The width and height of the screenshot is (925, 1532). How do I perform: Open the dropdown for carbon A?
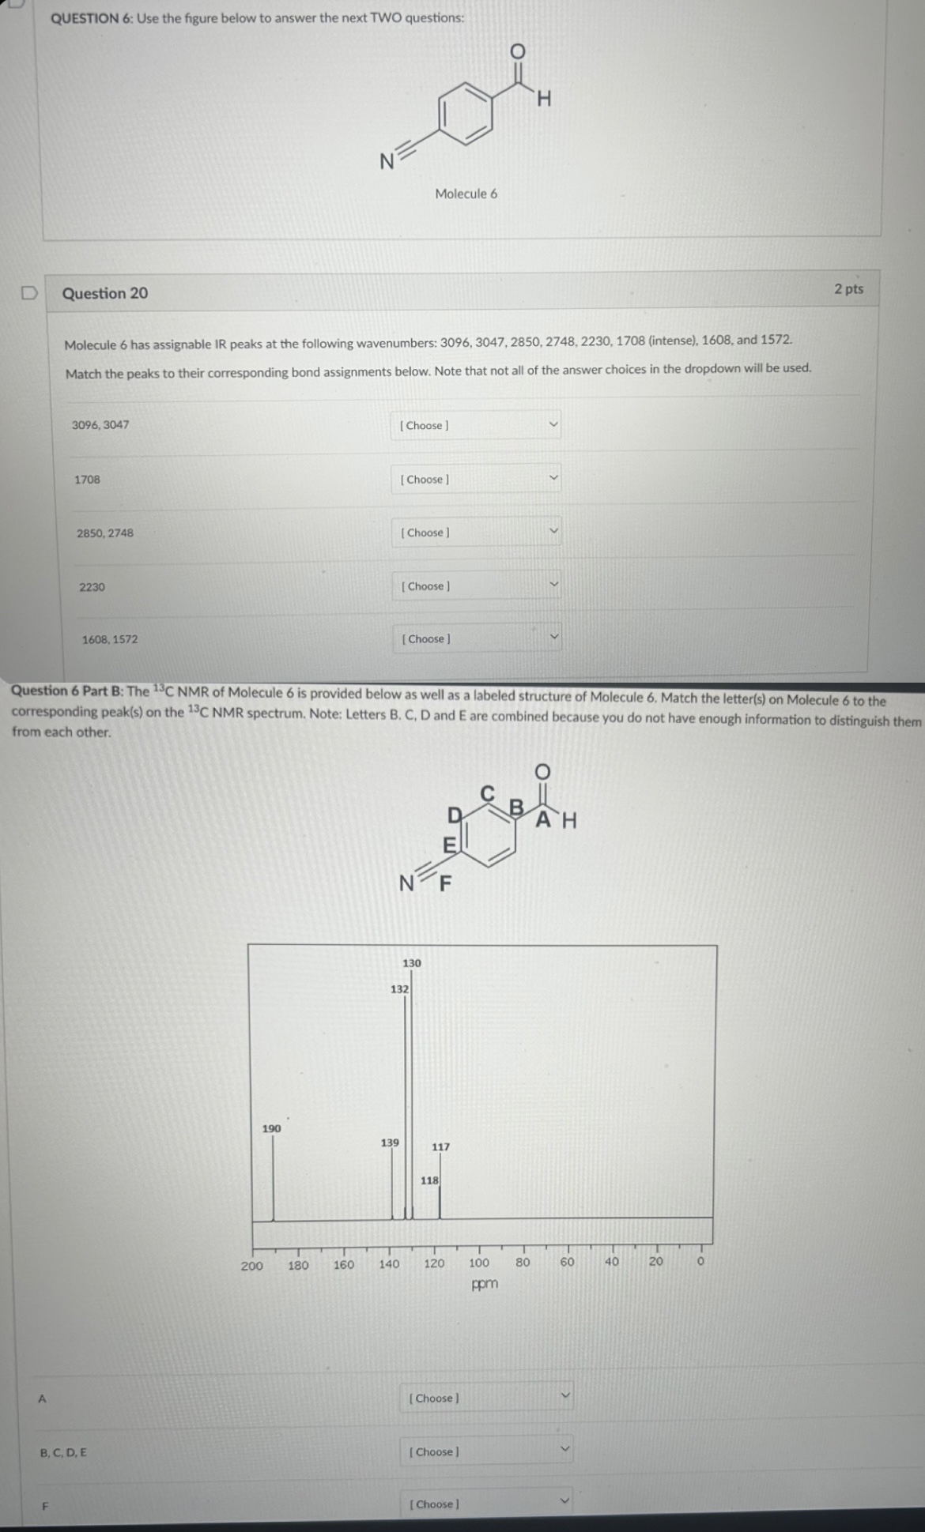(486, 1398)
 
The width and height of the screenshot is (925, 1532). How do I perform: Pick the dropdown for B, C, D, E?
(486, 1451)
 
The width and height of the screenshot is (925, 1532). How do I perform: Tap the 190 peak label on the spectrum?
(271, 1128)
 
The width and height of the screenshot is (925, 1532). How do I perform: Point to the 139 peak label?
(390, 1142)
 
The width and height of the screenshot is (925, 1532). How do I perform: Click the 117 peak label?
(440, 1146)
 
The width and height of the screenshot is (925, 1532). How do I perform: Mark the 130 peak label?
(412, 963)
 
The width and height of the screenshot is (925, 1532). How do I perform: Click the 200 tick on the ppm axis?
(251, 1265)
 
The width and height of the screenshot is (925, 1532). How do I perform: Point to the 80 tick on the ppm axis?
(523, 1263)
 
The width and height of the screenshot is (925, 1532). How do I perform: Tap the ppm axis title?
(485, 1283)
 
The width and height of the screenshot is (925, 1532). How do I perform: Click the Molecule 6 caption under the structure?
(466, 194)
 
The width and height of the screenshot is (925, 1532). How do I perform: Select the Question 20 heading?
(105, 293)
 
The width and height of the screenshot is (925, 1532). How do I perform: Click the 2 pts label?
(848, 289)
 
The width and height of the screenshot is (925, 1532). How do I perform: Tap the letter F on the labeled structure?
(444, 883)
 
